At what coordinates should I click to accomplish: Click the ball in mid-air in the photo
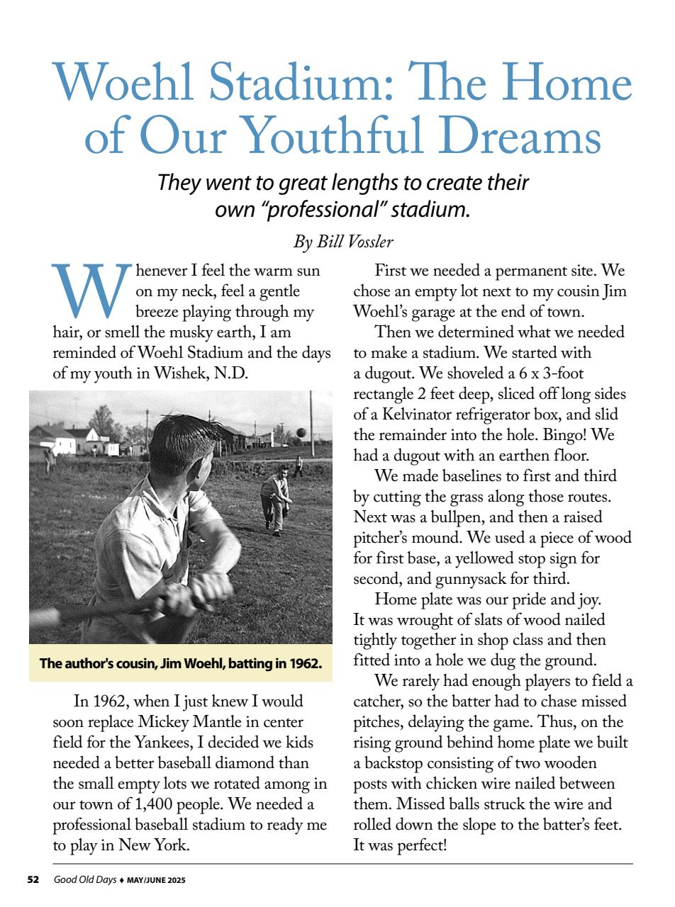[x=301, y=432]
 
